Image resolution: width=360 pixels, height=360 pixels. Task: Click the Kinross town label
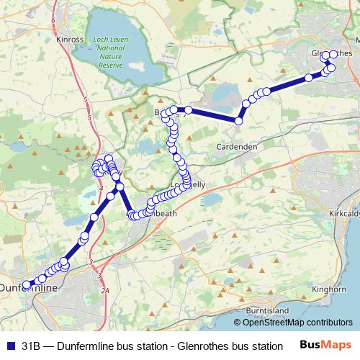point(69,40)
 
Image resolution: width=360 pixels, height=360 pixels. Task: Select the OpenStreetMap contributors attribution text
point(302,323)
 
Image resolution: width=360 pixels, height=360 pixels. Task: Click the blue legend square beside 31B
point(10,346)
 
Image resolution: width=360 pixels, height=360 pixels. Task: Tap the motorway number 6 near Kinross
point(53,21)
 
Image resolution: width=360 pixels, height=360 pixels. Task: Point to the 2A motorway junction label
point(105,290)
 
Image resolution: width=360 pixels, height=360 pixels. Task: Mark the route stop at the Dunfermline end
point(27,284)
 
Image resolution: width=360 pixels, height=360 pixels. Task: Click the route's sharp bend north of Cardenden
point(238,120)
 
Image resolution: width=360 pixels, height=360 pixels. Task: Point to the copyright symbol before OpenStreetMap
point(246,323)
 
